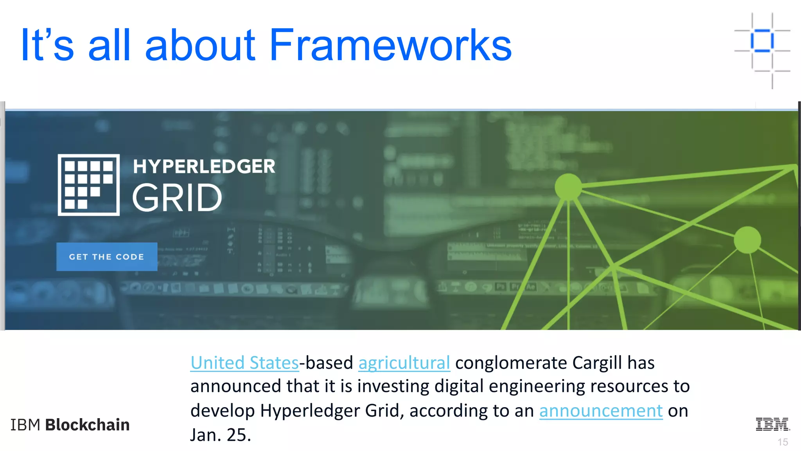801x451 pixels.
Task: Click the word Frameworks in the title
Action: (390, 45)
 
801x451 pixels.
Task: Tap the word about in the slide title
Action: (200, 45)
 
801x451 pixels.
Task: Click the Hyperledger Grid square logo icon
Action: (89, 185)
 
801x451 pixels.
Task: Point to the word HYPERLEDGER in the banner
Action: (204, 166)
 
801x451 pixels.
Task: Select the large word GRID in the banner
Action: (177, 198)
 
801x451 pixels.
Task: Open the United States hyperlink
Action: (244, 363)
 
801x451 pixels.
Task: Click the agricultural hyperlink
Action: (404, 363)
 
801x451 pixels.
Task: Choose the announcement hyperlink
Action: (601, 411)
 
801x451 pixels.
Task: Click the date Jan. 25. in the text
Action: (221, 435)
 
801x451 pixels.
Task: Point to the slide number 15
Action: (783, 442)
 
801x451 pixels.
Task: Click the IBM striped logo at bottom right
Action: (772, 424)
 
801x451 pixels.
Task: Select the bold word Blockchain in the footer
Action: (88, 425)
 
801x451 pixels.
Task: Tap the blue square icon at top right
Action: (762, 40)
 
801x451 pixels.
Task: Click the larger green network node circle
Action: (568, 187)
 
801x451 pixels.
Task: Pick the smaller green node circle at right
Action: (747, 240)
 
